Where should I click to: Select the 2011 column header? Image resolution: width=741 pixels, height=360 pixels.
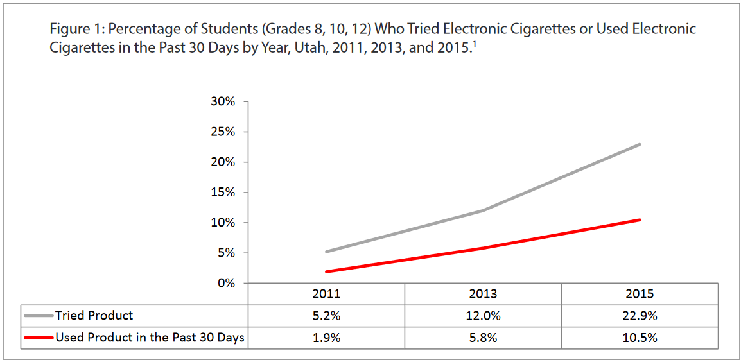click(x=326, y=294)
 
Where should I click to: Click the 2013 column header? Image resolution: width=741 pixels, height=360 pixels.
click(x=483, y=294)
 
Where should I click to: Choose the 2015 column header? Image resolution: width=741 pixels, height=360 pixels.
click(x=640, y=294)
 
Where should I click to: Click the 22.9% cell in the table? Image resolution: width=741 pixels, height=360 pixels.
click(x=640, y=316)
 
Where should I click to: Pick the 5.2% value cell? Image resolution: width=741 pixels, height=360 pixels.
click(x=326, y=316)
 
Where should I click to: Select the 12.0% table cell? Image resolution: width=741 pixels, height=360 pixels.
click(x=483, y=316)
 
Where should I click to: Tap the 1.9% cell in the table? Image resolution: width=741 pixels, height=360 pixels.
click(x=326, y=338)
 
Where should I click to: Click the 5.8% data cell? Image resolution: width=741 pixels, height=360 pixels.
click(x=483, y=338)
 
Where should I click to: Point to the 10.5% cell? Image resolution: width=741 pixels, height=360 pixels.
click(x=640, y=338)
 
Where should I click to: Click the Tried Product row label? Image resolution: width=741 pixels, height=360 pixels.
click(x=94, y=316)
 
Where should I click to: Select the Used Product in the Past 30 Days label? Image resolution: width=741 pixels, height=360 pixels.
click(x=150, y=338)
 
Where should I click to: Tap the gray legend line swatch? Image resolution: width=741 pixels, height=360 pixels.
click(x=39, y=316)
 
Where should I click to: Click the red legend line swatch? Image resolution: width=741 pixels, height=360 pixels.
click(x=39, y=338)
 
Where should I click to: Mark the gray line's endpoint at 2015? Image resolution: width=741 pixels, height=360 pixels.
click(x=640, y=144)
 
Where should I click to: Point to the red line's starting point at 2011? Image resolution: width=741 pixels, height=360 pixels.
click(x=326, y=271)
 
